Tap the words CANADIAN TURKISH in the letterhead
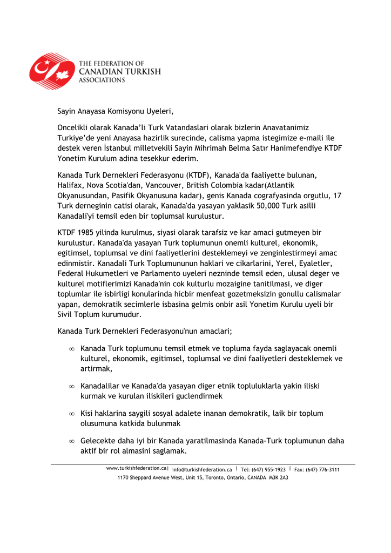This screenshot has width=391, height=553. click(x=120, y=72)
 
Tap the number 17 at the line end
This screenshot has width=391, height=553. click(x=337, y=195)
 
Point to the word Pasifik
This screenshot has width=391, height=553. click(x=119, y=195)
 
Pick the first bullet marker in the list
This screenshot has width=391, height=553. click(x=71, y=349)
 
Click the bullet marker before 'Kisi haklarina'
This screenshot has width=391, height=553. click(x=71, y=414)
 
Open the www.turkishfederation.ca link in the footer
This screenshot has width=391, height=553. click(x=136, y=469)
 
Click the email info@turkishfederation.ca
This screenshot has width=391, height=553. click(x=202, y=469)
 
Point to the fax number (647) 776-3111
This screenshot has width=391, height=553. click(x=322, y=469)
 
